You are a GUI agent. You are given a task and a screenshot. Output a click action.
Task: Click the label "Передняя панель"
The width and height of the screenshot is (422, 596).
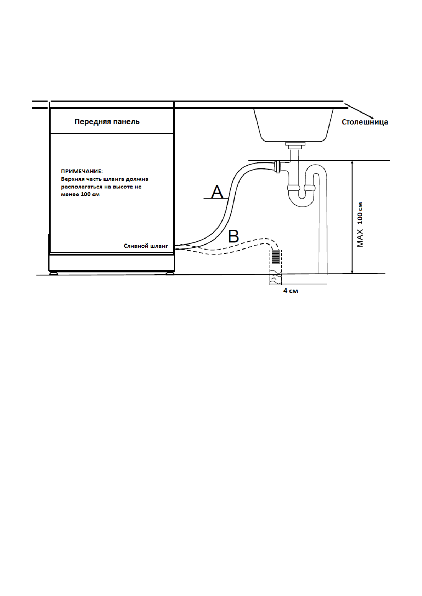tap(107, 122)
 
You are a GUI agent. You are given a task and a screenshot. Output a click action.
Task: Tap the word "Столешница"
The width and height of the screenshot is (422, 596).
tap(365, 122)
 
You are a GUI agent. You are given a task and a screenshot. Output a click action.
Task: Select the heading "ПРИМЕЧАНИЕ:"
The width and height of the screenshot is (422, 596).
tap(82, 171)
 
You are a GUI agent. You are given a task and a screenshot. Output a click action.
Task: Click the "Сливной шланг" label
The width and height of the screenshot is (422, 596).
tap(146, 246)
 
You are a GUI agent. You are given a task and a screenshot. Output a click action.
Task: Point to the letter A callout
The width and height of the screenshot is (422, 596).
tap(217, 192)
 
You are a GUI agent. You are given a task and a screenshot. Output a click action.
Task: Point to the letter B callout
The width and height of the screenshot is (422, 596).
tap(233, 236)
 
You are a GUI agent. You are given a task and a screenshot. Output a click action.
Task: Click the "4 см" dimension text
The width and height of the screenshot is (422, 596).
tap(291, 291)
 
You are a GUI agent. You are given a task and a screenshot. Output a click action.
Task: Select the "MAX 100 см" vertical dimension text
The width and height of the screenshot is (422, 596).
tap(360, 224)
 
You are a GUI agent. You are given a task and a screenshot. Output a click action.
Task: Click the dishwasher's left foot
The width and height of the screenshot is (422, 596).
tap(54, 273)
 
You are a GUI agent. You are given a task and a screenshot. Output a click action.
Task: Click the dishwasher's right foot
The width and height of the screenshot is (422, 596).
tap(169, 273)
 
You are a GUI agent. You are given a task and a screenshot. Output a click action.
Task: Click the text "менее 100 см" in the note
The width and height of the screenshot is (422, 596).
tap(80, 194)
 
